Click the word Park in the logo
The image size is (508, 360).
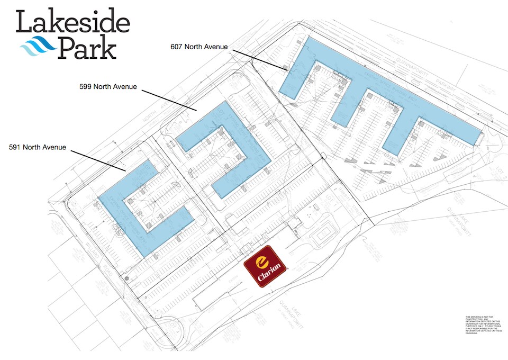(x=87, y=48)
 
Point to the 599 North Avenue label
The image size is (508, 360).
(x=107, y=87)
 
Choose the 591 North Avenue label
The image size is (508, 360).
(x=38, y=147)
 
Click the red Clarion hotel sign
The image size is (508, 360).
(x=265, y=266)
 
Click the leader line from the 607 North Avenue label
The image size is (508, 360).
(x=259, y=60)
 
